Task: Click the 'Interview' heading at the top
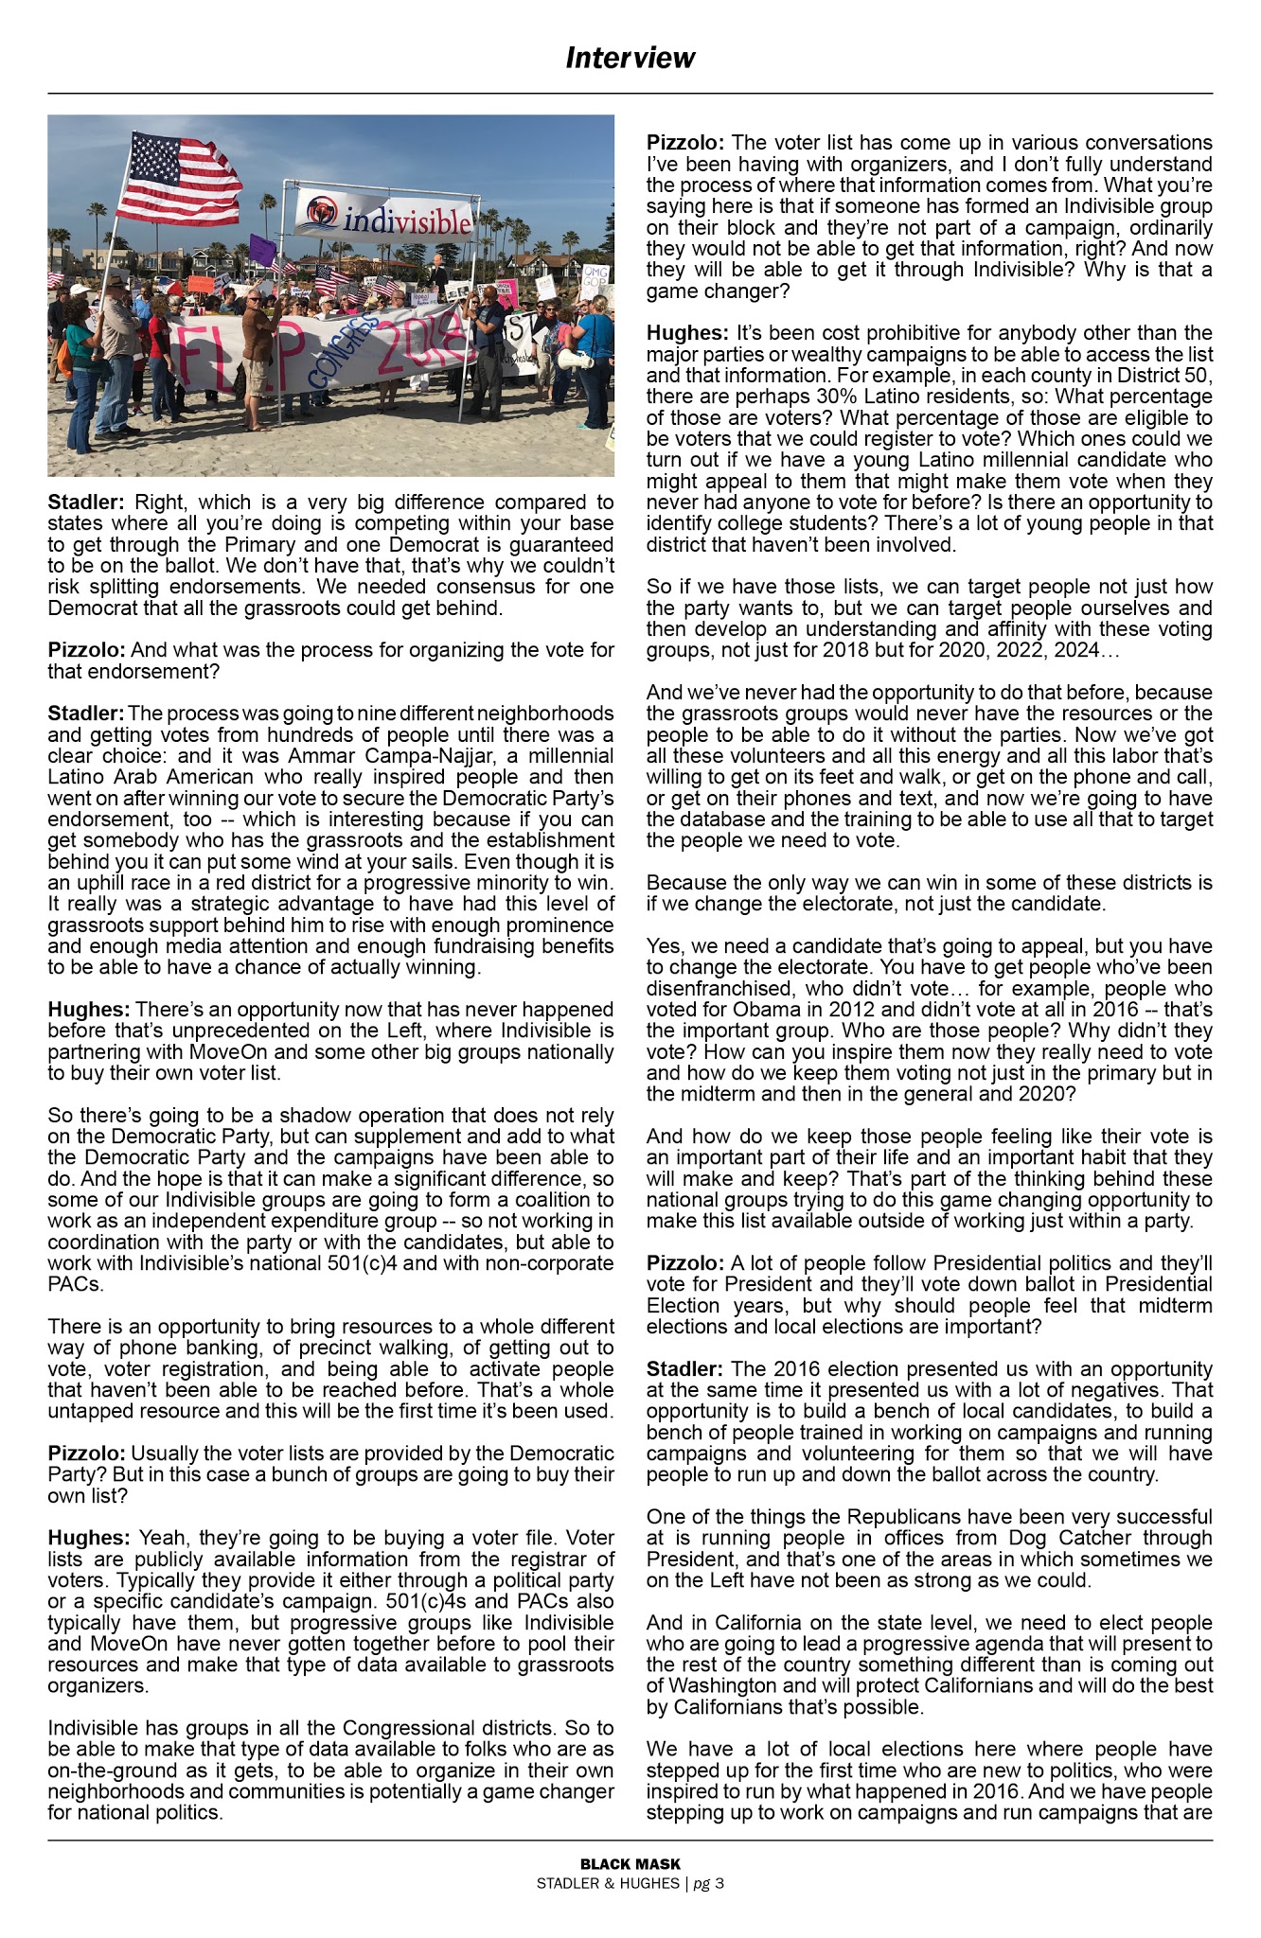coord(630,59)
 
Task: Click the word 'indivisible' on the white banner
coord(407,221)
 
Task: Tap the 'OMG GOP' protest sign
coord(597,278)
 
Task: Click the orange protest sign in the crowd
coord(200,282)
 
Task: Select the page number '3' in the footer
coord(719,1883)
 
